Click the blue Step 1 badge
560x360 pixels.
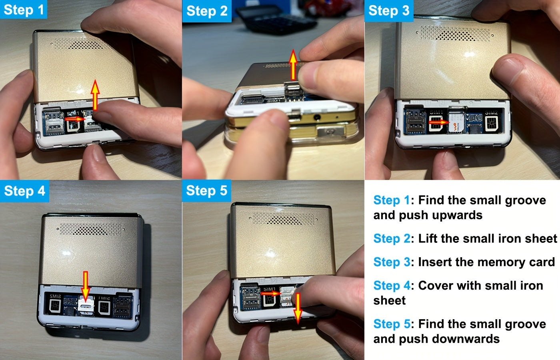[x=23, y=10]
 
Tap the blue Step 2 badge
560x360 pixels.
[x=206, y=11]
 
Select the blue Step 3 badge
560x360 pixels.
[x=388, y=11]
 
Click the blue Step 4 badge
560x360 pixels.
[x=24, y=191]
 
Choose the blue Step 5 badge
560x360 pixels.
[x=206, y=190]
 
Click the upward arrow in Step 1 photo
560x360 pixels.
[x=95, y=95]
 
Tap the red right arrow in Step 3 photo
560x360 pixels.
[x=439, y=122]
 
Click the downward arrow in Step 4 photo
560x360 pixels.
[x=85, y=285]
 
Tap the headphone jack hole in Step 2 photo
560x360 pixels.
[x=318, y=118]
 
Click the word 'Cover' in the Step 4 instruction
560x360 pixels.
[x=436, y=286]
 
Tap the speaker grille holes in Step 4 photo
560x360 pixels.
[x=91, y=229]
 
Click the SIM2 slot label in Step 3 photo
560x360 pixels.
[x=491, y=112]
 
